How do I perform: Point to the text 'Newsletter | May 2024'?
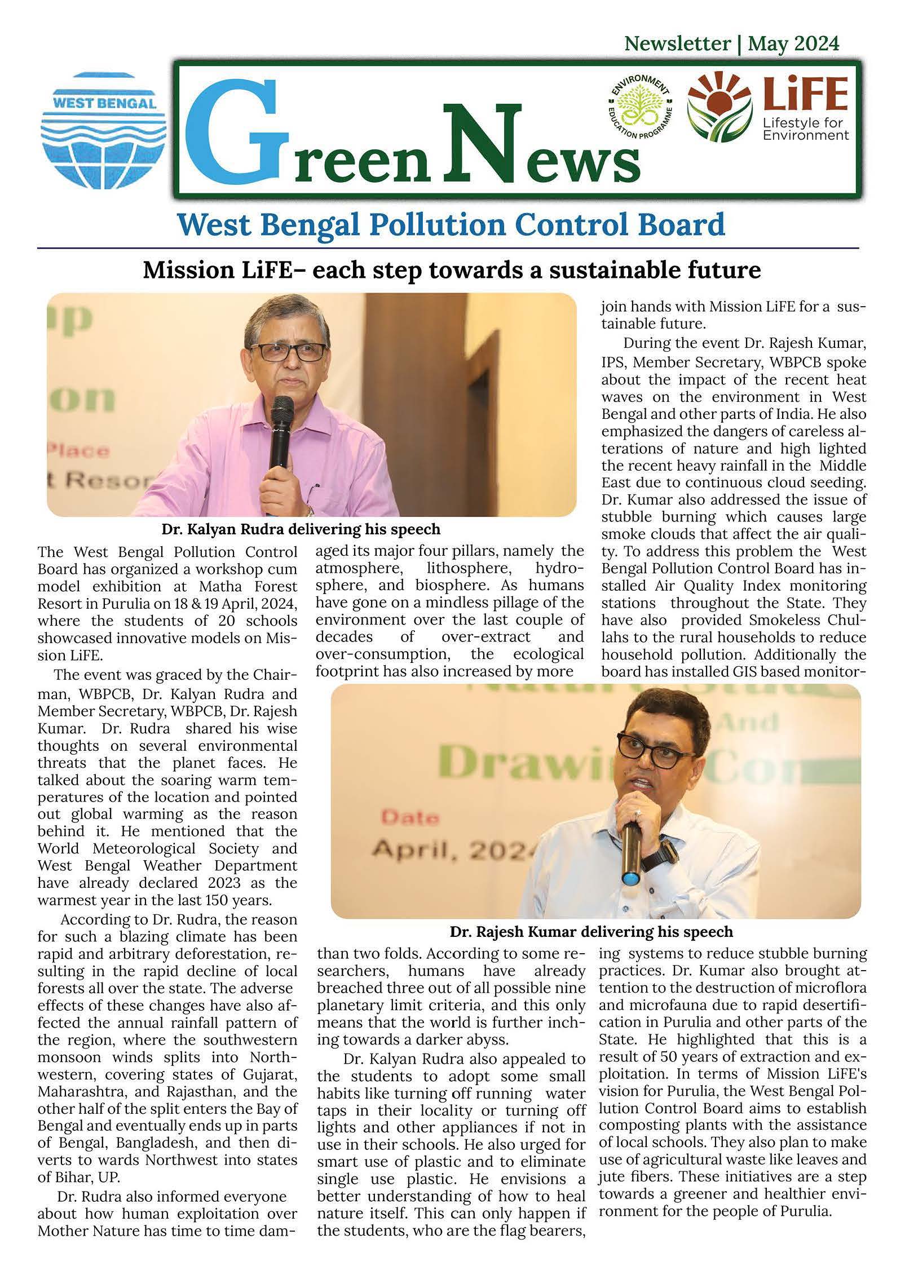point(731,43)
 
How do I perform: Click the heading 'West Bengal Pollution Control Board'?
point(451,225)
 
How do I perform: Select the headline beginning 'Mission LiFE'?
point(452,270)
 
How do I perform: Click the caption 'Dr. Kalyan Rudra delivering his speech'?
point(301,529)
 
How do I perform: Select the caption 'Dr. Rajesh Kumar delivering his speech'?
point(591,931)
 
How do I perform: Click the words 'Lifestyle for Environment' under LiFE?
point(805,129)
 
